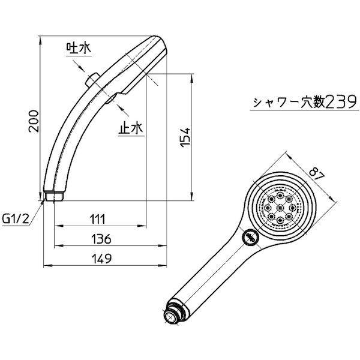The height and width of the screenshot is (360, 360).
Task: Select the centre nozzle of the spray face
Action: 280,208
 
